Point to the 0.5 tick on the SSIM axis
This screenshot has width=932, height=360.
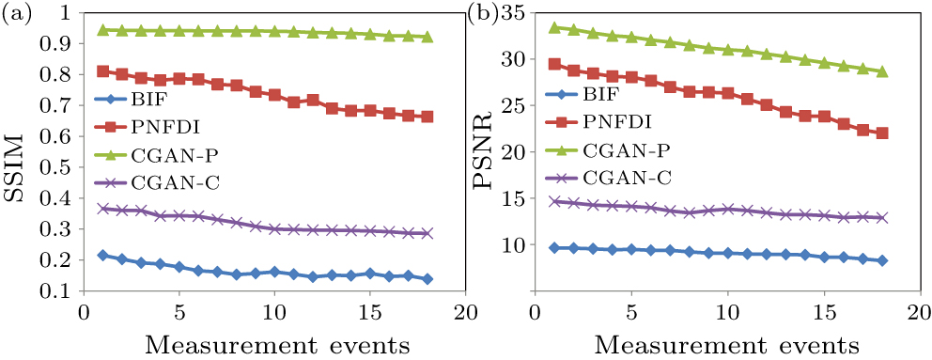(63, 167)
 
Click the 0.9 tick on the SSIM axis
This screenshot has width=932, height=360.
(63, 44)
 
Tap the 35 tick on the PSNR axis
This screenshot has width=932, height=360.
(516, 13)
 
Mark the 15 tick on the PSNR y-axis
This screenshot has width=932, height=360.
(516, 198)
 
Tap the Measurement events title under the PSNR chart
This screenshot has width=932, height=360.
(726, 343)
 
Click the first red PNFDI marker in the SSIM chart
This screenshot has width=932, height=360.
(102, 71)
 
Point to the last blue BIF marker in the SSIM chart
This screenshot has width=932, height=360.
(427, 278)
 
